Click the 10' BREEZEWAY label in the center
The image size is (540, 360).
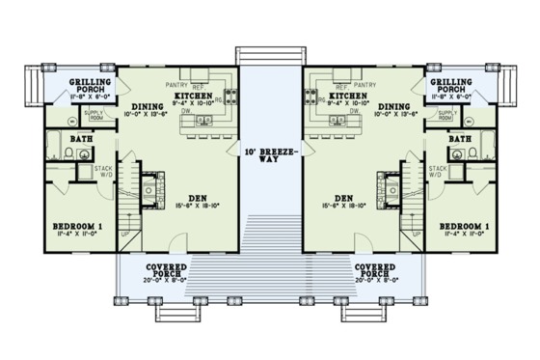[270, 155]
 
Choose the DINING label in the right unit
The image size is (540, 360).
[391, 108]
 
